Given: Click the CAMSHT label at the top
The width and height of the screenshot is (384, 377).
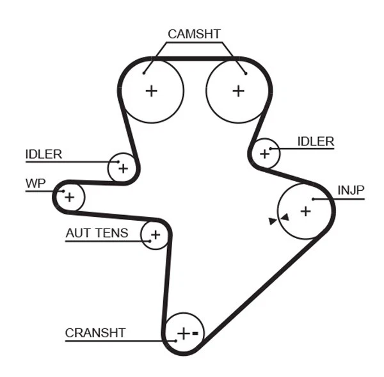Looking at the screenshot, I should (x=194, y=34).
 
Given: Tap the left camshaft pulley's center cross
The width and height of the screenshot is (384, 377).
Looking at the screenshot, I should (x=151, y=91).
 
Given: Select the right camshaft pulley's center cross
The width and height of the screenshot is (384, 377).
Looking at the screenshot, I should (x=238, y=91).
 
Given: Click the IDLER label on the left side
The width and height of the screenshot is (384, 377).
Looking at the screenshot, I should (x=44, y=154).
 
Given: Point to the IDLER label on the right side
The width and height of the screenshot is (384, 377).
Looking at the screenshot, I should (x=316, y=141).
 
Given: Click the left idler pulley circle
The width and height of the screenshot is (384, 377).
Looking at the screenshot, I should (x=122, y=168).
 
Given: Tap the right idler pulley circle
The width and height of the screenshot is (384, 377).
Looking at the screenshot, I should (x=264, y=154).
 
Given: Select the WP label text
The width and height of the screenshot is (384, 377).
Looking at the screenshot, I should (x=36, y=184).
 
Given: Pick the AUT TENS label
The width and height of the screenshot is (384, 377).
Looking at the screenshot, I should (x=97, y=233).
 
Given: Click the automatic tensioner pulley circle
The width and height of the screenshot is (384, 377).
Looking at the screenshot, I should (x=155, y=236).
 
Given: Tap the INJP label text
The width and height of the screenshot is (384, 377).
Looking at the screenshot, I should (x=350, y=190).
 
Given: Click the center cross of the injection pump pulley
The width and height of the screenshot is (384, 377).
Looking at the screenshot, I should (x=305, y=210).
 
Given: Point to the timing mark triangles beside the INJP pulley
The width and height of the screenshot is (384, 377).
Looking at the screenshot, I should (x=279, y=220).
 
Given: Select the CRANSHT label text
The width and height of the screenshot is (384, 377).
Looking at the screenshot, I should (x=95, y=333).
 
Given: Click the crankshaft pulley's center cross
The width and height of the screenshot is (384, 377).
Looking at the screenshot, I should (x=183, y=333).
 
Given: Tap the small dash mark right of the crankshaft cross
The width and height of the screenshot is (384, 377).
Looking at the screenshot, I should (x=196, y=333).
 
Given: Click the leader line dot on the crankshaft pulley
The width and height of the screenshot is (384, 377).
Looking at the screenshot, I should (x=175, y=341).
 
